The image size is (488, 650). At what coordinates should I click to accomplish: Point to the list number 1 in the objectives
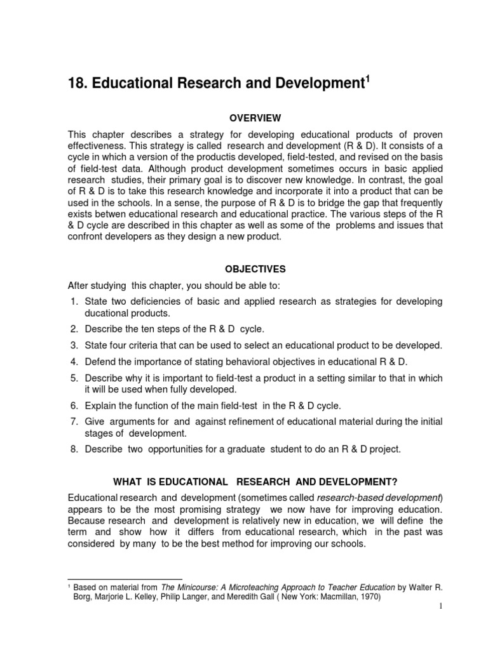74,301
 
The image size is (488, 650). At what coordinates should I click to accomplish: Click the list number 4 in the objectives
74,362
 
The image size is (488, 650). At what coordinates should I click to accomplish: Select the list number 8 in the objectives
74,449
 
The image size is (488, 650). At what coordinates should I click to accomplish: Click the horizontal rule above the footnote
125,580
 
